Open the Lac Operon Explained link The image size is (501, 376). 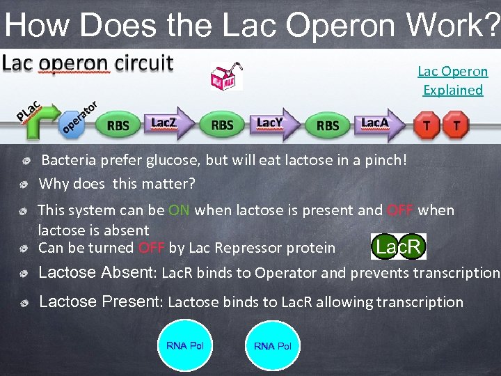coord(452,80)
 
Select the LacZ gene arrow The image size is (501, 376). coord(168,123)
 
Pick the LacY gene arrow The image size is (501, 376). coord(273,123)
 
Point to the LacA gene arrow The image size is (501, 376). coord(379,123)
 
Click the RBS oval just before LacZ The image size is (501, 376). coord(118,125)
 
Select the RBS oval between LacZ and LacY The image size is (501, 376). coord(222,125)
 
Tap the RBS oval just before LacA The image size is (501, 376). coord(328,125)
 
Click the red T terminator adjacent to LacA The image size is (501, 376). coord(426,126)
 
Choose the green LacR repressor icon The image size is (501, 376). coord(398,246)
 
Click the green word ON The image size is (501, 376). coord(179,210)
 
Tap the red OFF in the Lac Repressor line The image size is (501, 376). coord(151,248)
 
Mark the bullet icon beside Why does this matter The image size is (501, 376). coord(24,185)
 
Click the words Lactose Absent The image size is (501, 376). coord(97,273)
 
